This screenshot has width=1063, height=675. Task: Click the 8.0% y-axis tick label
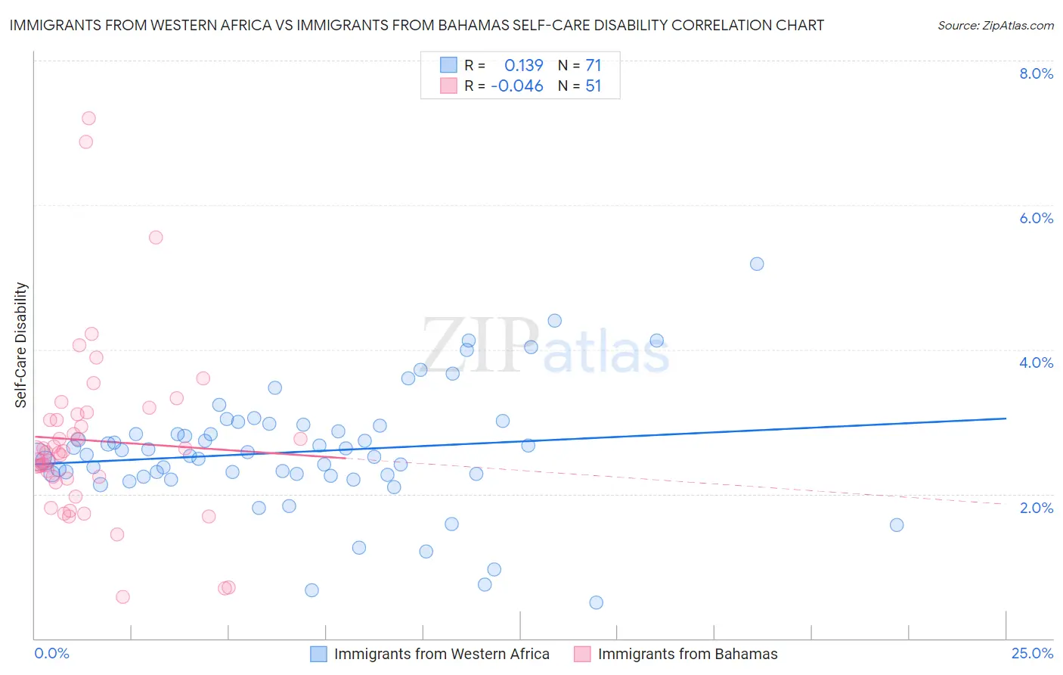[1036, 73]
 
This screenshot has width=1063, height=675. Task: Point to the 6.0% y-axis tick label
[1036, 218]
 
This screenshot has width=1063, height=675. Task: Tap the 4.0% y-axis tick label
[1036, 362]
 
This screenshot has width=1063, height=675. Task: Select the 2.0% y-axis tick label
[1036, 507]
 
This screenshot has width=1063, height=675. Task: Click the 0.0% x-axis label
[51, 653]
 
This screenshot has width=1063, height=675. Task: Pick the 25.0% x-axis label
[1032, 653]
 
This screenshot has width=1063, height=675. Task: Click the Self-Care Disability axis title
[21, 345]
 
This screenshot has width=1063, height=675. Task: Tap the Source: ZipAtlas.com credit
[995, 26]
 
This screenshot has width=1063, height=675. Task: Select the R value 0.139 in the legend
[523, 66]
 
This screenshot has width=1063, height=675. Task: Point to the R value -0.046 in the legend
[517, 86]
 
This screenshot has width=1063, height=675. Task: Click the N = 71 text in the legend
[579, 66]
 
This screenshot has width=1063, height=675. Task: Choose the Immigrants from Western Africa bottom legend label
[442, 654]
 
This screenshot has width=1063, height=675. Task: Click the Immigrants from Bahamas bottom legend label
[687, 654]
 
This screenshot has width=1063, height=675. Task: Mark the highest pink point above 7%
[88, 118]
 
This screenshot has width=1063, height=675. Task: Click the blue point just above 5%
[757, 264]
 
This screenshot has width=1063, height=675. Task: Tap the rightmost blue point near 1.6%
[897, 525]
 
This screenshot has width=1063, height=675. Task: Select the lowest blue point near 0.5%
[596, 602]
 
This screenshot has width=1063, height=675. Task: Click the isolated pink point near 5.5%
[156, 238]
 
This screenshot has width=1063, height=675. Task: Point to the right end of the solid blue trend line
[1006, 418]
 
